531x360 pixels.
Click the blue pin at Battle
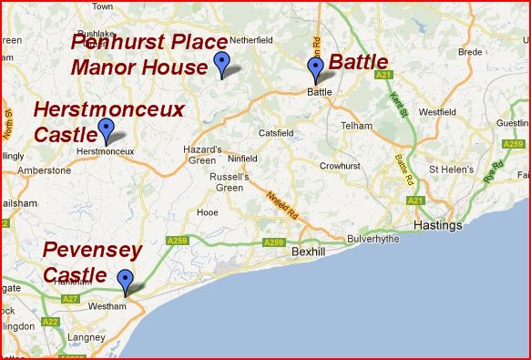(x=316, y=69)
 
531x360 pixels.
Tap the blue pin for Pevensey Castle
(x=125, y=279)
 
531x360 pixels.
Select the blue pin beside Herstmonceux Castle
(x=106, y=129)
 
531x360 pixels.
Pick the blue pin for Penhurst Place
(x=220, y=63)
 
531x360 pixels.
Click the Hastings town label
(x=437, y=225)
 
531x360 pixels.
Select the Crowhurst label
(x=342, y=165)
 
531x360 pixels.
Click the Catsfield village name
(x=277, y=132)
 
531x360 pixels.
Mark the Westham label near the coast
(x=107, y=307)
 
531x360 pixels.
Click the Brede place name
(x=470, y=52)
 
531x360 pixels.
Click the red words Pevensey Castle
(x=92, y=261)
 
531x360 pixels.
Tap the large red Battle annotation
(x=359, y=62)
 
